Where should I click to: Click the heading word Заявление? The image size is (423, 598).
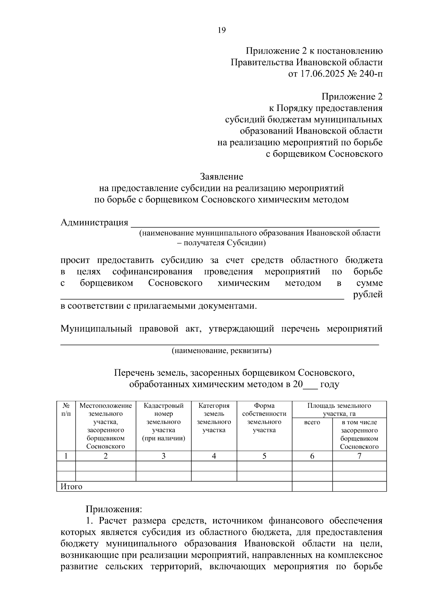pos(221,176)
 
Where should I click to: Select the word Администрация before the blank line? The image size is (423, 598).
pos(94,222)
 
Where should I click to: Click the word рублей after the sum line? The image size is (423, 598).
pos(368,295)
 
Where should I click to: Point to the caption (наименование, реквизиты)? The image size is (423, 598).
pos(221,351)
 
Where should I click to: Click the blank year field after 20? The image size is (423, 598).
pos(310,384)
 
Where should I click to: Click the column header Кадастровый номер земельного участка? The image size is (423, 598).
pos(164,422)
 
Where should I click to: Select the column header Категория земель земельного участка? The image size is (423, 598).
pos(214,418)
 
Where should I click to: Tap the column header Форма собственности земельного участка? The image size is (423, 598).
pos(264,418)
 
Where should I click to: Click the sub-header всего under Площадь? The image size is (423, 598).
pos(312,422)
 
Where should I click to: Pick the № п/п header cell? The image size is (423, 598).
pos(66,409)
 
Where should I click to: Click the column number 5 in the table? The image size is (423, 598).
pos(264,456)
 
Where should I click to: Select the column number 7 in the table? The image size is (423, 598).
pos(359,456)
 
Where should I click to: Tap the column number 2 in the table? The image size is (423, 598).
pos(105,456)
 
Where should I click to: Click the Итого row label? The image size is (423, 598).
pos(71,487)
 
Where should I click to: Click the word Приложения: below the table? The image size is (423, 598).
pos(114,509)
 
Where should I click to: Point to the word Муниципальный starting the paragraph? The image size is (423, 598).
pos(96,329)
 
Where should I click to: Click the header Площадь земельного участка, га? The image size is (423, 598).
pos(339,409)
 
